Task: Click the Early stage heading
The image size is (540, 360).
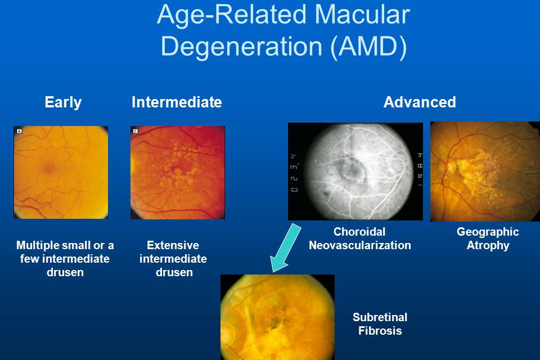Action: click(x=63, y=102)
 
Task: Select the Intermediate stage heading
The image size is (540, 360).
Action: click(x=177, y=102)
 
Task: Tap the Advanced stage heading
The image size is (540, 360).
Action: click(x=420, y=102)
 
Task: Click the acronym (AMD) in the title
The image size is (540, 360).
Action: click(x=369, y=46)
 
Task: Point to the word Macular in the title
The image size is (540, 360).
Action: click(x=362, y=15)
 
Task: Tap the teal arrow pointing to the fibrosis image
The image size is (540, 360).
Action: click(x=286, y=247)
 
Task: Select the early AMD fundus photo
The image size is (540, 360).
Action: click(x=61, y=172)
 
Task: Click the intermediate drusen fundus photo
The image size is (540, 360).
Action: click(x=178, y=173)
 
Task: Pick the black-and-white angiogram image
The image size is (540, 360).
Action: click(x=355, y=171)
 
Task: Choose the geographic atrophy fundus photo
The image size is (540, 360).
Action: click(x=485, y=171)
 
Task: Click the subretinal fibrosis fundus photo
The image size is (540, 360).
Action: click(x=277, y=317)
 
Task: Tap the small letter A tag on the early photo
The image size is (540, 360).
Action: click(x=19, y=131)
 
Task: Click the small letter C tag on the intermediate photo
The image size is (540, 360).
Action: click(x=136, y=131)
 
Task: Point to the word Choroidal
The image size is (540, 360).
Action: click(x=359, y=232)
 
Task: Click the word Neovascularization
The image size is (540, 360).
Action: click(x=360, y=245)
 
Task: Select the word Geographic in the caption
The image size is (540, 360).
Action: click(x=488, y=232)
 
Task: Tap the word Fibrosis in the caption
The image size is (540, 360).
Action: click(x=380, y=330)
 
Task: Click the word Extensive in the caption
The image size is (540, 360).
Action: click(x=173, y=245)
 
